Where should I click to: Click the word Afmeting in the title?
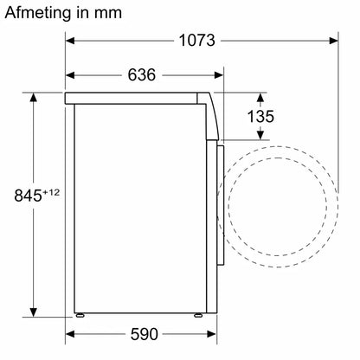(x=39, y=13)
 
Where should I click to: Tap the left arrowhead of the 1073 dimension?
(x=72, y=40)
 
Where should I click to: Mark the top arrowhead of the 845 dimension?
(x=34, y=97)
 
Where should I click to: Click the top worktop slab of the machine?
(x=138, y=96)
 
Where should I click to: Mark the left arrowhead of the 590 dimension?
(x=71, y=332)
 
